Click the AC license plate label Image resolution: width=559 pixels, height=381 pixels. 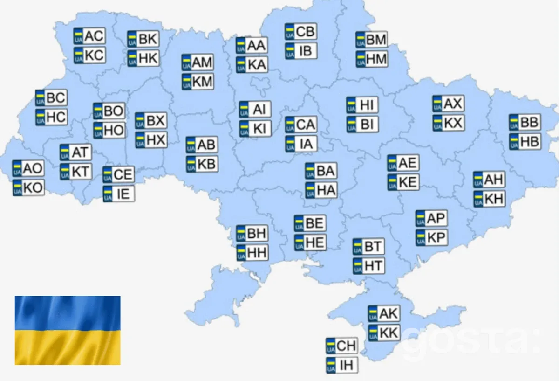coord(89,36)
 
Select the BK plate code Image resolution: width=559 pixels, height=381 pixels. coord(143,39)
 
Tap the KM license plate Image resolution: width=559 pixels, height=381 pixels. coord(198,82)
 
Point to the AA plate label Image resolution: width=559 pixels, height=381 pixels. coord(252,45)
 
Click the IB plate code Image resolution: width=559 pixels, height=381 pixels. coord(301,50)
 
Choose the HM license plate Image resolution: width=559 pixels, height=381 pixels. coord(371,59)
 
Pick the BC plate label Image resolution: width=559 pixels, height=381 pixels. coord(51,98)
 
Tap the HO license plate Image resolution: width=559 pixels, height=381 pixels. coord(109,130)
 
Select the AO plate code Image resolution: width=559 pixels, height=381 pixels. coord(28,168)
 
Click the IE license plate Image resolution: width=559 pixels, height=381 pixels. coord(119,194)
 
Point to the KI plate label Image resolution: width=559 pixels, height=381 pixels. coord(255,129)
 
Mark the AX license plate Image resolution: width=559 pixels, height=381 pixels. coord(448,104)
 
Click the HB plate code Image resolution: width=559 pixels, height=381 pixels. coord(525,142)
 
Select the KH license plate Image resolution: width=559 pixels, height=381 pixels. coord(489,199)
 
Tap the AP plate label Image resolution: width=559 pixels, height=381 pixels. coord(431,218)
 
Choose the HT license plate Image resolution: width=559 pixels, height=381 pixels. coord(368,266)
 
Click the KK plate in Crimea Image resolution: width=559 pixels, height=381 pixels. coord(384,333)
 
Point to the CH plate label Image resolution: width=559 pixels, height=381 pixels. coord(341,346)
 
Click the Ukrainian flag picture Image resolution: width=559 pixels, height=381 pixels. coord(68,330)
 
